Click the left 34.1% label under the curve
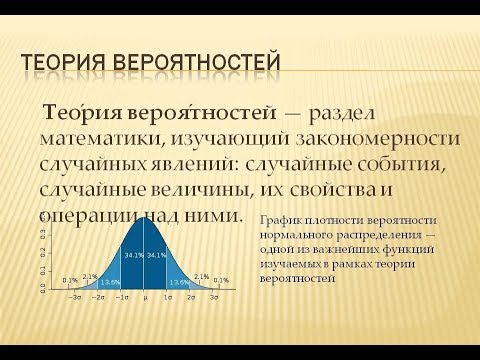pos(133,255)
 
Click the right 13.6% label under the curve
pos(179,282)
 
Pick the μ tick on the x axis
pos(145,298)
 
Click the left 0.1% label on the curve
pos(70,280)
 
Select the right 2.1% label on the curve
pos(201,276)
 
